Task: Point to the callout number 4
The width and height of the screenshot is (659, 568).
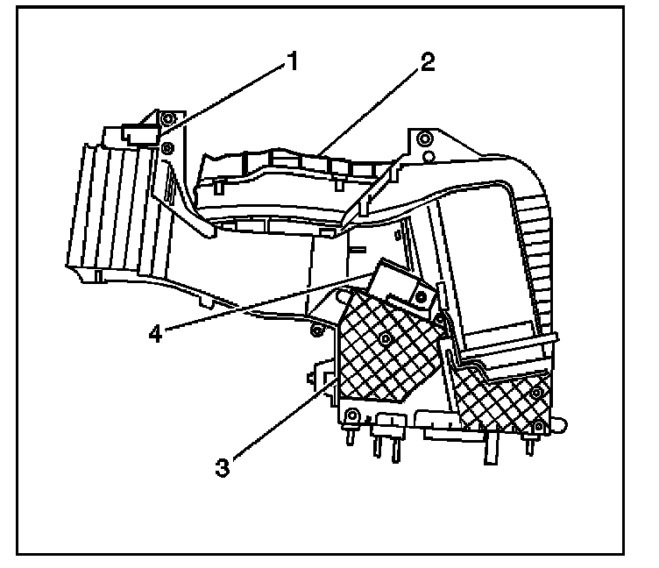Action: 155,334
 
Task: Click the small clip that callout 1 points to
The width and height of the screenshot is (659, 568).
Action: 138,134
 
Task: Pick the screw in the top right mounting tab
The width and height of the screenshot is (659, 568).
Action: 424,139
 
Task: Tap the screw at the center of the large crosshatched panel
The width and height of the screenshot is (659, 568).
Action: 385,337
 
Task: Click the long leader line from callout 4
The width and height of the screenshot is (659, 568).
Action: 263,303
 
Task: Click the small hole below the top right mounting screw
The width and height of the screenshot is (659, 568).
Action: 428,159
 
